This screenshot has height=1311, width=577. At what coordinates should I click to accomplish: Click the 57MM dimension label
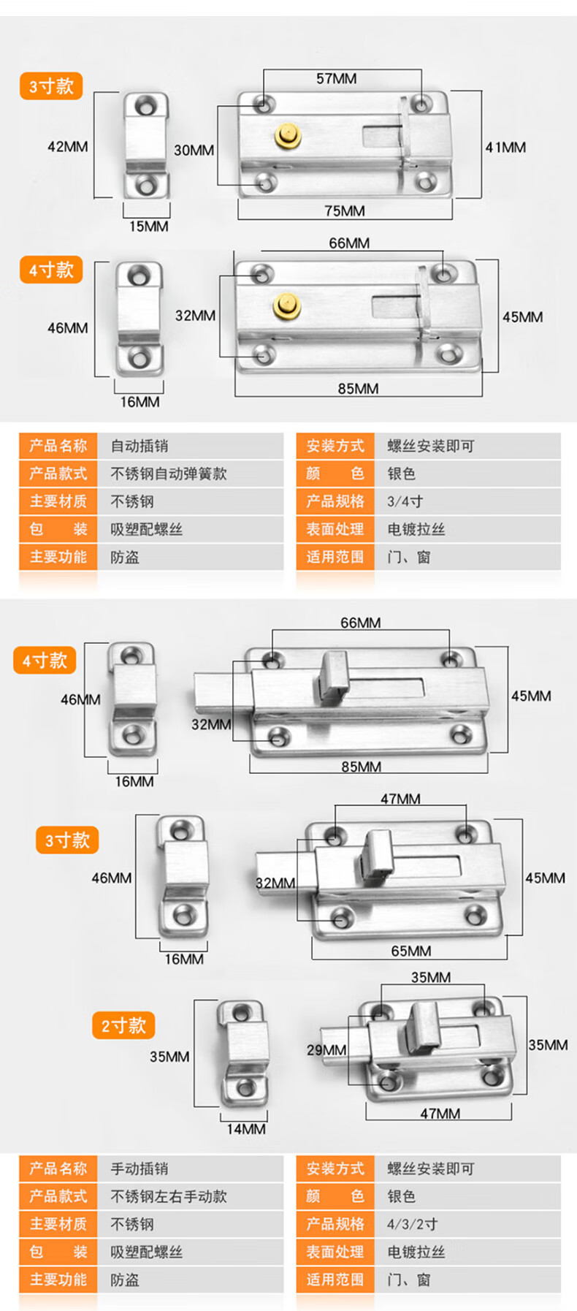tap(336, 78)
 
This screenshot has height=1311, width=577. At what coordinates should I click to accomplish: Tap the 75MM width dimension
tap(344, 210)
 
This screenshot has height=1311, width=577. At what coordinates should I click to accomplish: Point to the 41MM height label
tap(505, 147)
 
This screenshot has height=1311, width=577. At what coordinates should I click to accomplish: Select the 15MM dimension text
tap(148, 227)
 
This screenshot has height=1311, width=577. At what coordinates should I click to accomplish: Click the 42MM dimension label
tap(67, 146)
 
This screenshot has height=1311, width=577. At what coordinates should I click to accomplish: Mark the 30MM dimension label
tap(194, 150)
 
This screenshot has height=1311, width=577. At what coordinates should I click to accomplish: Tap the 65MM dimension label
tap(410, 951)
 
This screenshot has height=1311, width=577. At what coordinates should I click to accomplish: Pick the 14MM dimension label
tap(246, 1128)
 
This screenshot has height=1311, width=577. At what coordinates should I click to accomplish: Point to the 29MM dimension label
tap(326, 1049)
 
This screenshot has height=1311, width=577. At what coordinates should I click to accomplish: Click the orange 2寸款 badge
tap(123, 1025)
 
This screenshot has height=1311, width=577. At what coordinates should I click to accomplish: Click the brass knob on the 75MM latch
tap(287, 136)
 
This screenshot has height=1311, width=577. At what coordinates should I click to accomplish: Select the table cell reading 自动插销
tap(140, 446)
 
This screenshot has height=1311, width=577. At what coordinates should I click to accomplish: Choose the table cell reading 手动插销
tap(140, 1168)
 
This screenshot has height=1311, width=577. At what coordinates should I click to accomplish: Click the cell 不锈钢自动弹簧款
tap(169, 474)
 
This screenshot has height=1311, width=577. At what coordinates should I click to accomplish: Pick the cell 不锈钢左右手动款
tap(169, 1196)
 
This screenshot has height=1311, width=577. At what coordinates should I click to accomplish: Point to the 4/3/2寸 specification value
tap(412, 1224)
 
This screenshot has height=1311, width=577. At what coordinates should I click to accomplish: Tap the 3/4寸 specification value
tap(405, 501)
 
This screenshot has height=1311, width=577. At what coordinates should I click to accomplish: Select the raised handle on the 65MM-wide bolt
tap(378, 850)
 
